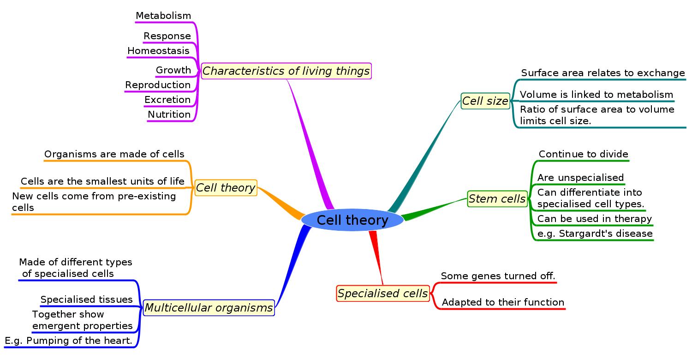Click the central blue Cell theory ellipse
(352, 220)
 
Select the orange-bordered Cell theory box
(226, 188)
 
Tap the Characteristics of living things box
(286, 71)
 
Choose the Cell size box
(485, 101)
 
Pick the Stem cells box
(497, 199)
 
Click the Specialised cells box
(383, 294)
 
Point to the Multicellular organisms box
(209, 308)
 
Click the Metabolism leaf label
(163, 16)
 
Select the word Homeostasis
(158, 51)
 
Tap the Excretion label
(167, 100)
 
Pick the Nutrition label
(169, 114)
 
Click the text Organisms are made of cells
(114, 154)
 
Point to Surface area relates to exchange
(603, 73)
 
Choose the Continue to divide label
(584, 154)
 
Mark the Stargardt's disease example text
(595, 234)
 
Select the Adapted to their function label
(503, 302)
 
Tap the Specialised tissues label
(87, 300)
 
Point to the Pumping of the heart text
(69, 341)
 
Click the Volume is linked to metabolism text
(597, 95)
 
